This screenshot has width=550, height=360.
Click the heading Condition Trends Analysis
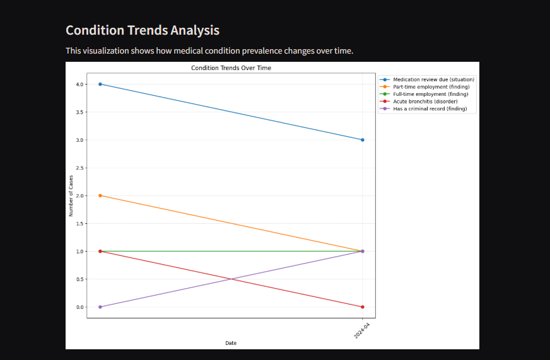point(143,30)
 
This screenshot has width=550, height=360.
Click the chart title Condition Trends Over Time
point(231,67)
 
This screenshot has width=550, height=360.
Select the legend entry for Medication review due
point(433,79)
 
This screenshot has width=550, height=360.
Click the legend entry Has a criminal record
point(430,109)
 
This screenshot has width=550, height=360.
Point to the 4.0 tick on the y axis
point(80,84)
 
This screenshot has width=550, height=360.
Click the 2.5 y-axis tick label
point(80,168)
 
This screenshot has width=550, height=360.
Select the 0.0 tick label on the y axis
point(80,307)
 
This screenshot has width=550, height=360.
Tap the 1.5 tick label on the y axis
point(80,223)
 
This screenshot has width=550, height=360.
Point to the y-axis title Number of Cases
point(71,195)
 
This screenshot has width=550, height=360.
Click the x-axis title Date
point(231,343)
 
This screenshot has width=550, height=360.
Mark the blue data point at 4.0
point(100,84)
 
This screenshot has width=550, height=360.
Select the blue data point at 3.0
point(363,140)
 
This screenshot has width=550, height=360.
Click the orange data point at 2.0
point(100,195)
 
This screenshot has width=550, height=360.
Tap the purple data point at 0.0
point(100,307)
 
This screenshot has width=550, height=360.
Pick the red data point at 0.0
point(363,307)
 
